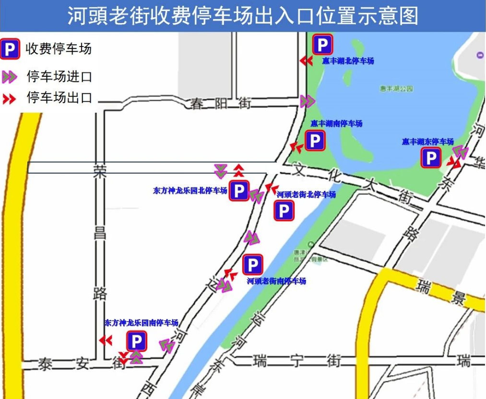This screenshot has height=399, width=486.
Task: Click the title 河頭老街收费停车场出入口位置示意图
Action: click(243, 15)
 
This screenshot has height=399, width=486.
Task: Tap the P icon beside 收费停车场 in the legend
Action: click(10, 49)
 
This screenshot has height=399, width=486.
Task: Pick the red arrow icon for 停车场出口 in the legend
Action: click(9, 99)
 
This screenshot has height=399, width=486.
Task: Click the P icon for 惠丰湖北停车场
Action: click(322, 45)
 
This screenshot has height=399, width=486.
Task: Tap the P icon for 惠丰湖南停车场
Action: click(315, 141)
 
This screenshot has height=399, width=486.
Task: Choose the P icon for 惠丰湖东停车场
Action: click(431, 158)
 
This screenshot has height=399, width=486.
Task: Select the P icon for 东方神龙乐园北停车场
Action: click(239, 191)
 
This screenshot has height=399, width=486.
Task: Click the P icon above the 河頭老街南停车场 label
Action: click(252, 265)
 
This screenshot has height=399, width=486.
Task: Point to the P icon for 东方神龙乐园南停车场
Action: click(137, 342)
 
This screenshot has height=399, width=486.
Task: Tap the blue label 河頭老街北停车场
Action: click(306, 195)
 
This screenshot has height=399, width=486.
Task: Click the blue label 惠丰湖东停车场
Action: click(427, 142)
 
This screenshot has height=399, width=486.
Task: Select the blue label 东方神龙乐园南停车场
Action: click(142, 323)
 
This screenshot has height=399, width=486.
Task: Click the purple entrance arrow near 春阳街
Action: click(307, 101)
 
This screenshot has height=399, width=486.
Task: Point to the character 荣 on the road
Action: click(100, 172)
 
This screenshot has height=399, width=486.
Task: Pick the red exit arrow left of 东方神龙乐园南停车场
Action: click(106, 340)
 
